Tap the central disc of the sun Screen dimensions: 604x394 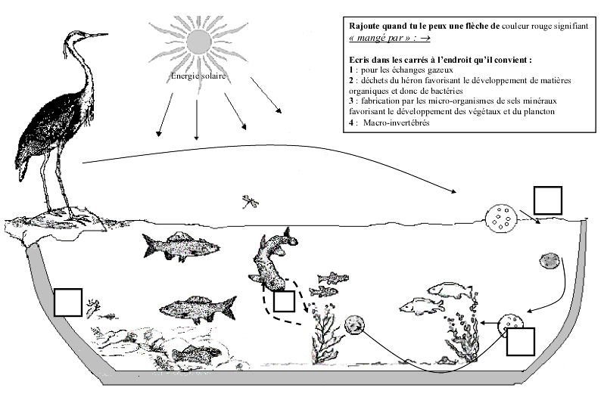[x=199, y=41]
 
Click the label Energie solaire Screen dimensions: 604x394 [x=198, y=76]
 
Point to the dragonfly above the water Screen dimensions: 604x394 [x=250, y=202]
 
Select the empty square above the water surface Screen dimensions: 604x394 [x=547, y=200]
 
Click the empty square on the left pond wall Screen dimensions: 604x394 [x=68, y=302]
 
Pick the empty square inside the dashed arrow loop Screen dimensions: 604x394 [x=284, y=301]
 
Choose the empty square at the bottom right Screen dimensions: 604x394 [x=521, y=342]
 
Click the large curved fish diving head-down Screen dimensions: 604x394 [x=271, y=260]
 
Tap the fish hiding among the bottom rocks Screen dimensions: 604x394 [x=196, y=354]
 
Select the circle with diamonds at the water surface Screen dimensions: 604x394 [x=501, y=218]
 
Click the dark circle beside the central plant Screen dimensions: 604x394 [x=354, y=324]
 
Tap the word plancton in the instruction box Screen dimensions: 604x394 [x=539, y=112]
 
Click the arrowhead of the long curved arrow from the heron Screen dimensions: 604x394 [x=454, y=191]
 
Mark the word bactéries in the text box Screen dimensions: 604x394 [x=447, y=92]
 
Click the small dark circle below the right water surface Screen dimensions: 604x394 [x=549, y=261]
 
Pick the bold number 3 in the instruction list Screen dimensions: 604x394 [x=351, y=101]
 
